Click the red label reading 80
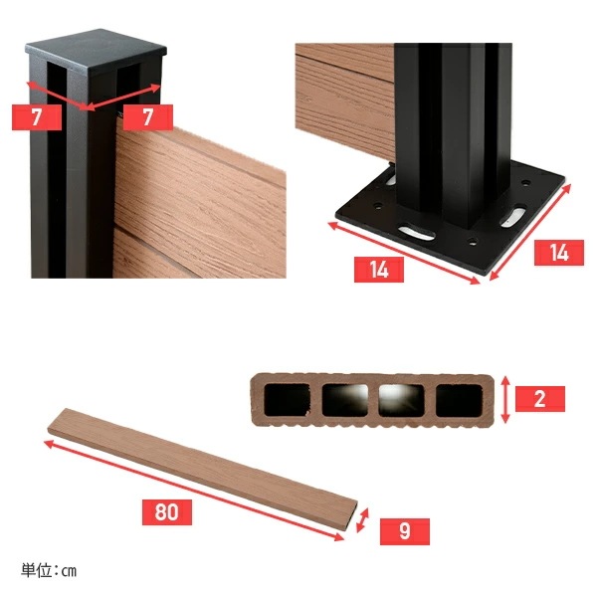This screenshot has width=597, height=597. point(167,512)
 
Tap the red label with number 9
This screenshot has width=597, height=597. point(405,531)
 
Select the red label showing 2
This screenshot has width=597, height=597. point(540,399)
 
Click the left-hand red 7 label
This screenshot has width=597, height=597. point(37,116)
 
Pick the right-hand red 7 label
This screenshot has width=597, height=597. point(147,116)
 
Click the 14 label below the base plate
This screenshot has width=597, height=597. point(379,270)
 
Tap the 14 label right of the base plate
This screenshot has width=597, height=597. point(559,253)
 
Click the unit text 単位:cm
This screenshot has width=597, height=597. point(49,571)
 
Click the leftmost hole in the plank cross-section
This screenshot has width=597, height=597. point(287,400)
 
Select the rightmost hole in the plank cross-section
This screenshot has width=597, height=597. point(459,400)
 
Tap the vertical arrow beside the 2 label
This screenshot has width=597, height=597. point(505,399)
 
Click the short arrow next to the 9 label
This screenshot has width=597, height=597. point(362,520)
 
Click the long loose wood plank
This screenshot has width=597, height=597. point(203,470)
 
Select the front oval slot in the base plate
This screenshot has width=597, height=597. point(416,233)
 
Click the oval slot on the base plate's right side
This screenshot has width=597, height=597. point(514,216)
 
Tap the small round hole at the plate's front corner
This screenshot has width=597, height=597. point(473,241)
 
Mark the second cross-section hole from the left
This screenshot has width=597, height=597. point(345,400)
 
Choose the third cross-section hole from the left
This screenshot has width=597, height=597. point(401,400)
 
